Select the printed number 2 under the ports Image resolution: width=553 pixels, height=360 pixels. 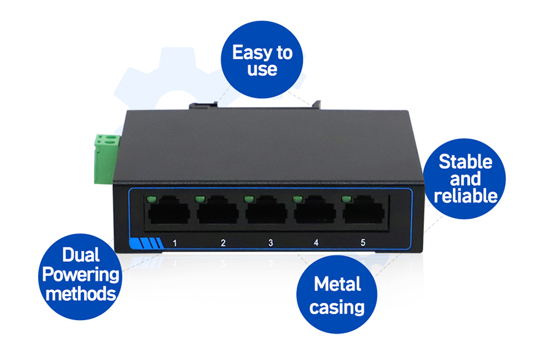(223, 243)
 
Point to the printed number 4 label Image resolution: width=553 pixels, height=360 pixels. (316, 243)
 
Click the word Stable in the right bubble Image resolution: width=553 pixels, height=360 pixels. (465, 162)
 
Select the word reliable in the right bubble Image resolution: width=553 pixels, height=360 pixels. (465, 195)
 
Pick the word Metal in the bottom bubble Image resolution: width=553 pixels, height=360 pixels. (337, 284)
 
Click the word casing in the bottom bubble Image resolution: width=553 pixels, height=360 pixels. (337, 306)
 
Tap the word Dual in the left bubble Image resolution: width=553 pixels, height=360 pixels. (80, 255)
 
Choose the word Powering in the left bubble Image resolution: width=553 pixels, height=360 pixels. (80, 275)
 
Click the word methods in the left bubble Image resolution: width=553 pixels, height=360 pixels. (80, 293)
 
